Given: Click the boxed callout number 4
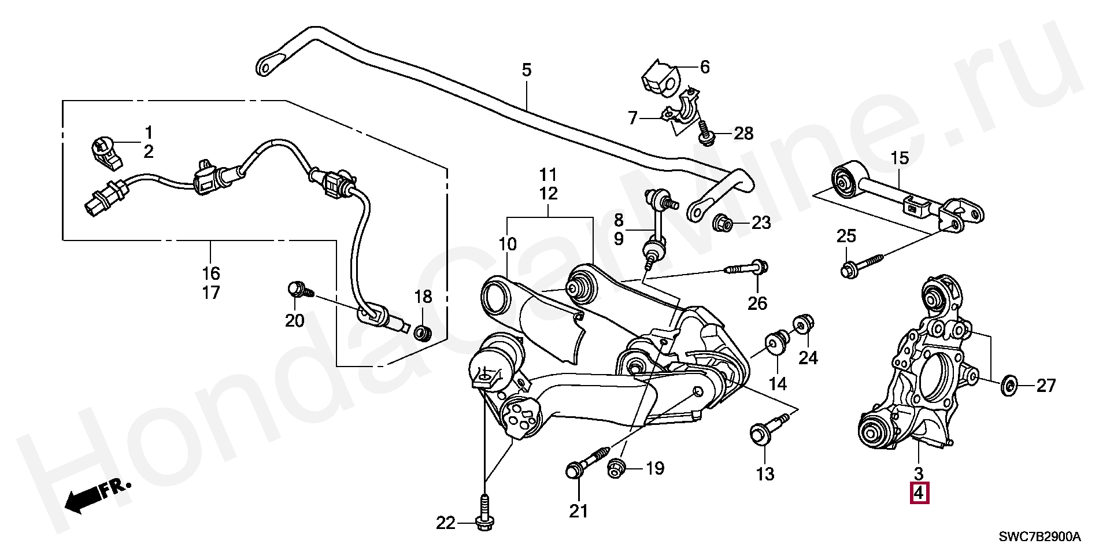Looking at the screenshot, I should click(x=919, y=493).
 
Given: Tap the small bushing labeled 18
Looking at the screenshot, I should click(x=423, y=332).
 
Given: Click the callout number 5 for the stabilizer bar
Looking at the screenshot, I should click(x=526, y=71).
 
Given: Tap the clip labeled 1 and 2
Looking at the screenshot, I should click(x=105, y=152).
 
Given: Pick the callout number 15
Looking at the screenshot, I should click(x=900, y=157).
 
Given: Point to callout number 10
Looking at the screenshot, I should click(x=508, y=244).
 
